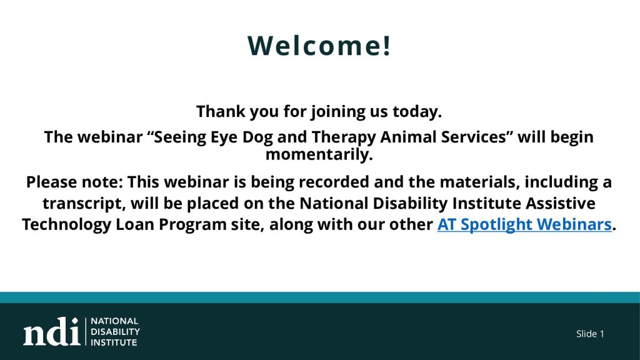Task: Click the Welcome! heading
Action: click(x=319, y=45)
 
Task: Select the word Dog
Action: click(x=257, y=137)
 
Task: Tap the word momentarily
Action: click(x=319, y=155)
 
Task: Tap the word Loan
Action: click(x=135, y=224)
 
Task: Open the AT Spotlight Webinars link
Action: click(x=524, y=225)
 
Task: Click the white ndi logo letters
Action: click(x=51, y=331)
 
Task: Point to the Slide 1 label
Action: click(x=590, y=334)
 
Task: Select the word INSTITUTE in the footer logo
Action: click(x=114, y=342)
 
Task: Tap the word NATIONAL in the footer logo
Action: click(x=115, y=321)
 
